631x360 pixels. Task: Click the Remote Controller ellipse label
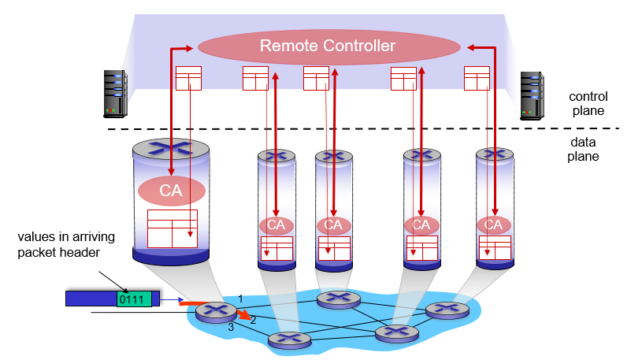(328, 46)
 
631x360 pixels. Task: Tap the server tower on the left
(116, 94)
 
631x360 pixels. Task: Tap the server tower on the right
(532, 96)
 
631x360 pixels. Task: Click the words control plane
(588, 103)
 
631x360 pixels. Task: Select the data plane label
(583, 149)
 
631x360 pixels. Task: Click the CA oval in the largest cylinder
(172, 191)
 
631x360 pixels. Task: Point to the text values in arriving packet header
(66, 244)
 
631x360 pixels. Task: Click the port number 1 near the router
(240, 299)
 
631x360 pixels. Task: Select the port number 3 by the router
(231, 327)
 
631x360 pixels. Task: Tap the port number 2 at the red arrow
(253, 320)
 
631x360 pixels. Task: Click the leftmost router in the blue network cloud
(216, 312)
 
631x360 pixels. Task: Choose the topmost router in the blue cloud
(339, 300)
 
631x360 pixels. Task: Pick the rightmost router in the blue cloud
(447, 310)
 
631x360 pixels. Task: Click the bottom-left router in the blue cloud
(290, 340)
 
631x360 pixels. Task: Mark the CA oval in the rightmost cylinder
(494, 225)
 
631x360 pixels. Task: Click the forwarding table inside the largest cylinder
(173, 228)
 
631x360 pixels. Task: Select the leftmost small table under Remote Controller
(188, 79)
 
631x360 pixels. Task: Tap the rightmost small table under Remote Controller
(477, 79)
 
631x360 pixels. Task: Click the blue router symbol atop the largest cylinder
(171, 148)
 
